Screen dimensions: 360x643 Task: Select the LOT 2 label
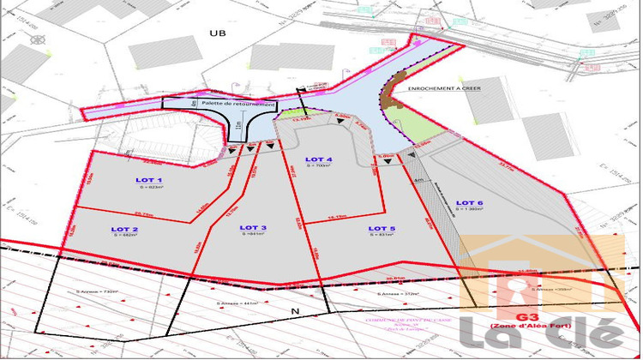125,229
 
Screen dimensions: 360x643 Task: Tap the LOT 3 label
253,227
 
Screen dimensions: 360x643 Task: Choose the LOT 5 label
382,228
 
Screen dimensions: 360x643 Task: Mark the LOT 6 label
470,202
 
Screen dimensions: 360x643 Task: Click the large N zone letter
296,310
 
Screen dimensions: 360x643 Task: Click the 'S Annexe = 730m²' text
97,292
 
